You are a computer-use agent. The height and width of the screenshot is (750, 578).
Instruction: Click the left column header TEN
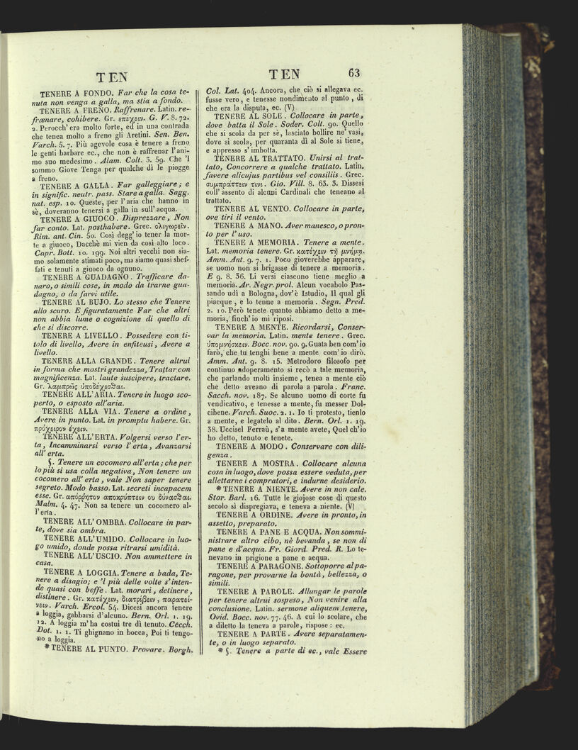tap(112, 77)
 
